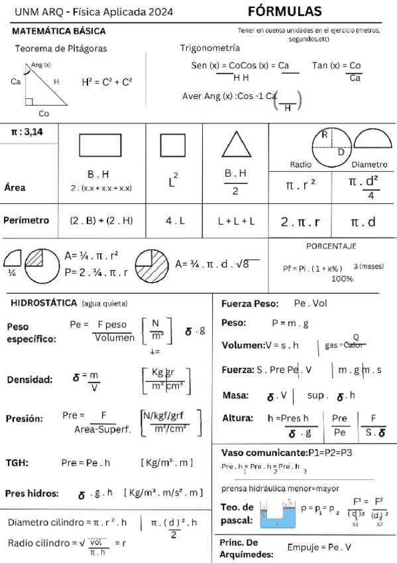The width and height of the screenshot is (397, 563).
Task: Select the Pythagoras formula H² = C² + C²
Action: pos(107,82)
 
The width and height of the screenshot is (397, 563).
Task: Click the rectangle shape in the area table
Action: pos(99,145)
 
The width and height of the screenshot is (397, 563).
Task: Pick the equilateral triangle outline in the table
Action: pos(235,144)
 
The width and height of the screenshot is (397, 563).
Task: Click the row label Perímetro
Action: pos(27,220)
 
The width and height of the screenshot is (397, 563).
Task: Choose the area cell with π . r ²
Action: pos(300,185)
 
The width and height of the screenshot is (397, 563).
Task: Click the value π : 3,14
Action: pos(25,132)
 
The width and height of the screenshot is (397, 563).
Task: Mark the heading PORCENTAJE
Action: pos(331,246)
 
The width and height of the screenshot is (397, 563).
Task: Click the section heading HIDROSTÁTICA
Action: pos(44,303)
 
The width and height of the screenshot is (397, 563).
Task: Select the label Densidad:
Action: pos(30,380)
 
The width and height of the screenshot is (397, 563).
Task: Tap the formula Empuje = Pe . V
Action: pos(319,548)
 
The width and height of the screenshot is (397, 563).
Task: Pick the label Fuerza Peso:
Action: pos(249,303)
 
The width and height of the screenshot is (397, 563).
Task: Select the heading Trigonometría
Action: pos(210,48)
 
